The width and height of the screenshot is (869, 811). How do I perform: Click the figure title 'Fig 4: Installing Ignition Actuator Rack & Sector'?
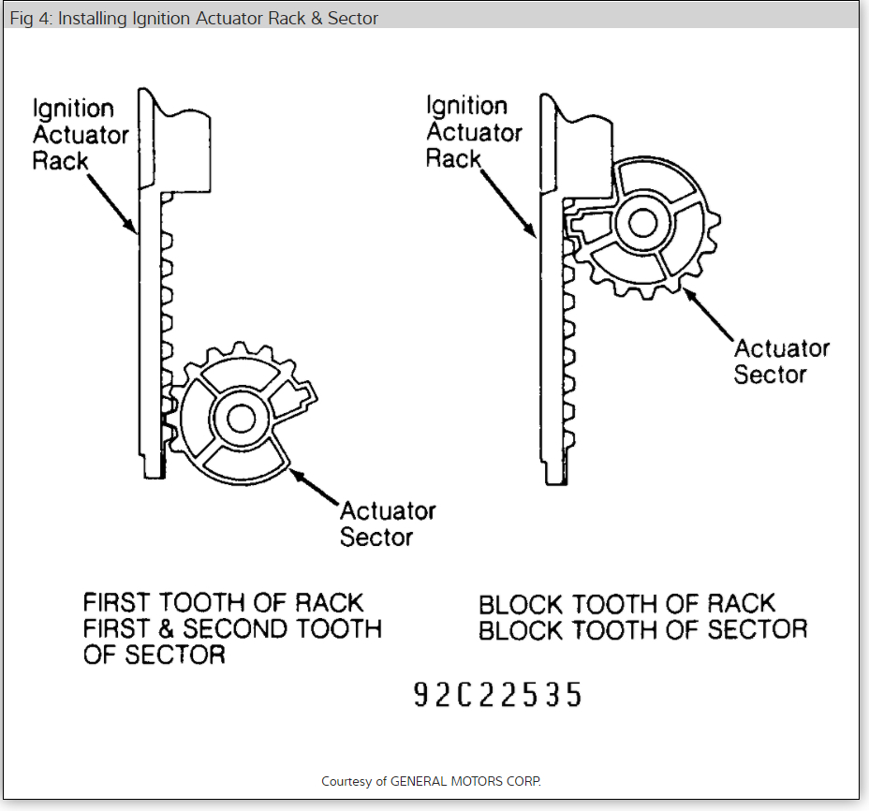click(194, 19)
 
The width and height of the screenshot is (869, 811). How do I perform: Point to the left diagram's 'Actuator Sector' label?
click(387, 523)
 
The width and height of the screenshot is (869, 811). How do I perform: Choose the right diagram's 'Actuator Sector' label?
click(781, 361)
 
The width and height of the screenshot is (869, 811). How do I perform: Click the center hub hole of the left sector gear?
click(241, 418)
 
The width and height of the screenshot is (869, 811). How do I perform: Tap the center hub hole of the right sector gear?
click(642, 222)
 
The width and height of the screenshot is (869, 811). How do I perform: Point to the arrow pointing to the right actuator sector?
click(709, 312)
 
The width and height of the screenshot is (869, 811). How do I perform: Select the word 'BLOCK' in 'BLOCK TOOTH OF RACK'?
click(521, 604)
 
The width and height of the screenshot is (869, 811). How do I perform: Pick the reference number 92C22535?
click(497, 695)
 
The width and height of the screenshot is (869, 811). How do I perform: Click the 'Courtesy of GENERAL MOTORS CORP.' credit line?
click(431, 781)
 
